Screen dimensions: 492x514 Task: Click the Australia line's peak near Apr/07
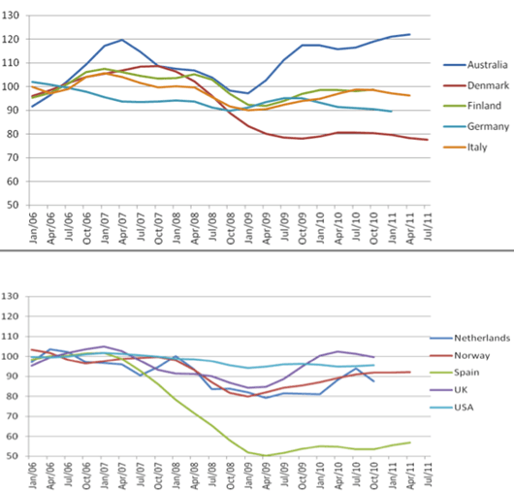(121, 40)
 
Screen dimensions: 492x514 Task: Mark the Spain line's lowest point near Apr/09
(265, 455)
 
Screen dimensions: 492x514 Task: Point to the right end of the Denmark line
(427, 140)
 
